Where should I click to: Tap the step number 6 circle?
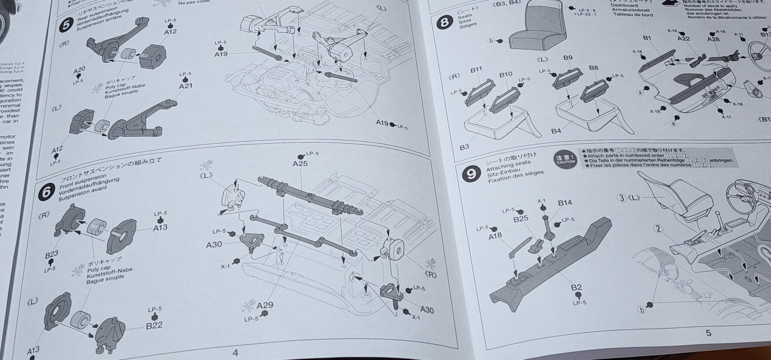[x=47, y=192]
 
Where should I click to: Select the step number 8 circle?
[x=443, y=22]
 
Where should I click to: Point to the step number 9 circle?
[x=471, y=174]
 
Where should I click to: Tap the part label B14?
[x=565, y=203]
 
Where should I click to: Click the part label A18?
[x=495, y=236]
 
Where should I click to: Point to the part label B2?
[x=576, y=288]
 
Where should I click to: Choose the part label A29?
[x=265, y=305]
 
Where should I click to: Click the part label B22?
[x=154, y=325]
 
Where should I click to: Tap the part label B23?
[x=52, y=253]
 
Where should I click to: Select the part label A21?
[x=186, y=86]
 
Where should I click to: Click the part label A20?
[x=80, y=71]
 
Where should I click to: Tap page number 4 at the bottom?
[x=235, y=352]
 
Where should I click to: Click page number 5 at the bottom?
[x=708, y=333]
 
